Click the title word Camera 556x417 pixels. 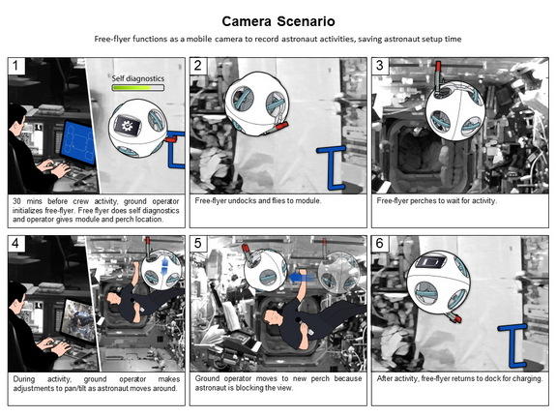point(247,21)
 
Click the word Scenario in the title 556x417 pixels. point(306,21)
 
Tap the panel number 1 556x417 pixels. point(15,66)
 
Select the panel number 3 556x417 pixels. point(380,66)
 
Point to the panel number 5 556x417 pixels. point(198,244)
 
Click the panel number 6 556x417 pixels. point(380,244)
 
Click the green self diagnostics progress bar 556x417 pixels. point(138,88)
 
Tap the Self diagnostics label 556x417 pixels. point(138,78)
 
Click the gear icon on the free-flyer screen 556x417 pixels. point(127,126)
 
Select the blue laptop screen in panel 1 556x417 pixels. point(78,142)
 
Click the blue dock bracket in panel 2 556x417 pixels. point(333,167)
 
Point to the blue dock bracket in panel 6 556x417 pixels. point(513,346)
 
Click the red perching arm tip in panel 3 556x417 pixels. point(438,67)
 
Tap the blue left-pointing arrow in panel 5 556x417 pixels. point(300,277)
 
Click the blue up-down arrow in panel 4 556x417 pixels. point(164,267)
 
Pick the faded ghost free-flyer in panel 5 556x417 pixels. point(338,272)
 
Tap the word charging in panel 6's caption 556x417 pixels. point(528,378)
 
